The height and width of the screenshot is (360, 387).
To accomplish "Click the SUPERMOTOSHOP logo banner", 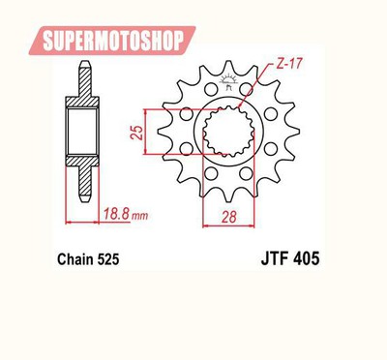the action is tap(112, 41).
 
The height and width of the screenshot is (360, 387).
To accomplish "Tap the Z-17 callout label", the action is tap(288, 64).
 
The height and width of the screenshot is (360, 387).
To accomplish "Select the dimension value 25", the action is tap(136, 132).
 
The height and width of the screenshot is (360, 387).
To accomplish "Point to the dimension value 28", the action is tap(228, 217).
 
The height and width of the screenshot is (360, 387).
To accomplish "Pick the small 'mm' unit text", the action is tap(140, 216).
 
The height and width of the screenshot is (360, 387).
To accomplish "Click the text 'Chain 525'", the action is tap(88, 259).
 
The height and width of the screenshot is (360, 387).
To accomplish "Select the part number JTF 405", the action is tap(290, 258).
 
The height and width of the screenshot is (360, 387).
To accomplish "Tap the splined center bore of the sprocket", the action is tap(228, 132).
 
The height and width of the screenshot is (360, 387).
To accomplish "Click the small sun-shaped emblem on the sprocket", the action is tap(228, 80).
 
